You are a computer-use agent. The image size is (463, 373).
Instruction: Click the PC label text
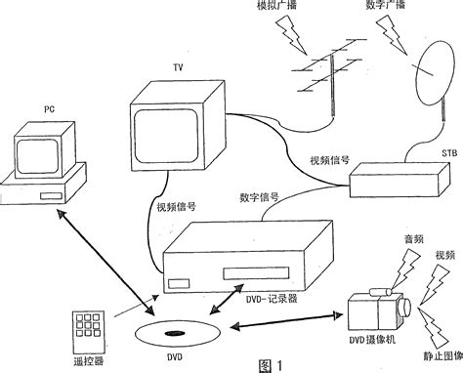[49, 109]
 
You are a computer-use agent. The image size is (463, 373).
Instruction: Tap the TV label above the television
[178, 67]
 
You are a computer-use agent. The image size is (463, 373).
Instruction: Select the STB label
[449, 152]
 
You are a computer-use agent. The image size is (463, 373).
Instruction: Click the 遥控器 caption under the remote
[88, 361]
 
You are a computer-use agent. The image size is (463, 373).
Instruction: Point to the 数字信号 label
[259, 197]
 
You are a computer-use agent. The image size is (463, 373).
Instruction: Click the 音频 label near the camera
[414, 239]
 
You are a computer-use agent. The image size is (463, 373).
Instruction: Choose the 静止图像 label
[443, 355]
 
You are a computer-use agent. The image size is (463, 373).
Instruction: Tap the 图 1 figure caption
[271, 365]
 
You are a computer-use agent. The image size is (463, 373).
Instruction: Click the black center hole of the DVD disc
[175, 333]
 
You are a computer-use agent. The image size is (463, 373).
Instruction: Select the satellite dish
[435, 73]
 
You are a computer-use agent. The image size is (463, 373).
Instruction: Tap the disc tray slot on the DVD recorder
[256, 273]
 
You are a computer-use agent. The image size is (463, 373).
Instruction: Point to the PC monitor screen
[37, 156]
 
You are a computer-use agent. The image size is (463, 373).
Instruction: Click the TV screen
[166, 136]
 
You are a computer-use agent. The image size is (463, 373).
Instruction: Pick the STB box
[400, 180]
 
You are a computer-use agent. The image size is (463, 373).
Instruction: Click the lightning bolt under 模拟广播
[292, 35]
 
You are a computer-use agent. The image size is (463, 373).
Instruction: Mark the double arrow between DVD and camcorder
[286, 320]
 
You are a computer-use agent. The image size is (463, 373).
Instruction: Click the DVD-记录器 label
[272, 299]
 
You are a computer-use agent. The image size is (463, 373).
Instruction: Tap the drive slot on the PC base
[51, 196]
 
